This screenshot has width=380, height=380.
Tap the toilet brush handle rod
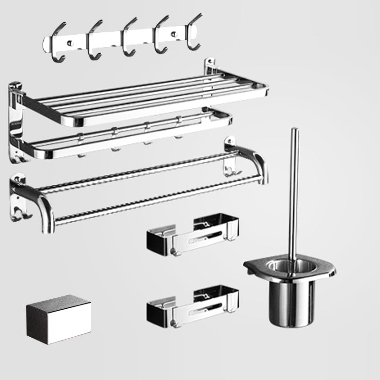[294, 190]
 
